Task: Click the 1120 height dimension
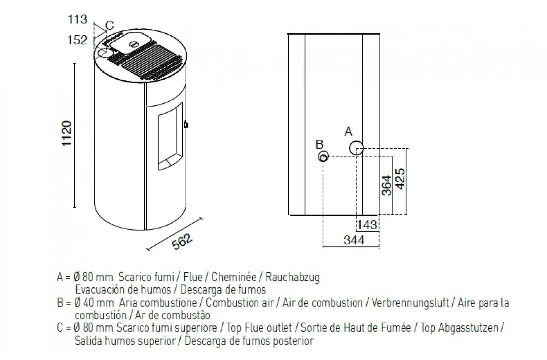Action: tap(66, 134)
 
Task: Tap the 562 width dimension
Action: tap(182, 242)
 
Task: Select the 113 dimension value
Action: tap(77, 19)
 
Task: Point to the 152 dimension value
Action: tap(77, 40)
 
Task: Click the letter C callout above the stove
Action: tap(109, 26)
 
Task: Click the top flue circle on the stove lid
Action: tap(104, 53)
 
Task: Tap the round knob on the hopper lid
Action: tap(134, 44)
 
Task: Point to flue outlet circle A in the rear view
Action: tap(356, 148)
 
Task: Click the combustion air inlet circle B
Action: tap(323, 157)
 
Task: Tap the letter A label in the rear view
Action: tap(348, 132)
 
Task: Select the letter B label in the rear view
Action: tap(319, 144)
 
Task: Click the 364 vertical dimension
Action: tap(386, 186)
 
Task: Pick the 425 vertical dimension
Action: tap(401, 179)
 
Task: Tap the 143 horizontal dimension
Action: tap(367, 225)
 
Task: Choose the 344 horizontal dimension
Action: tap(354, 240)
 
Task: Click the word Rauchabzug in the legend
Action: tap(292, 277)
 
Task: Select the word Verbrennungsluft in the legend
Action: tap(410, 302)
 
